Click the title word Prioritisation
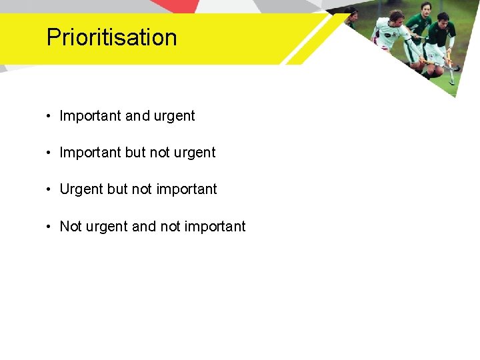click(111, 37)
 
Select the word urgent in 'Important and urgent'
click(174, 117)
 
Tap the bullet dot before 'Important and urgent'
click(49, 116)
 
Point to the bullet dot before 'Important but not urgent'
click(49, 153)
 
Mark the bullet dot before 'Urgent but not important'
click(49, 189)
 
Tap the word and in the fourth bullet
click(143, 227)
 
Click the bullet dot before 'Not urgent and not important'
click(49, 227)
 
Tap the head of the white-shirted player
click(396, 17)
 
